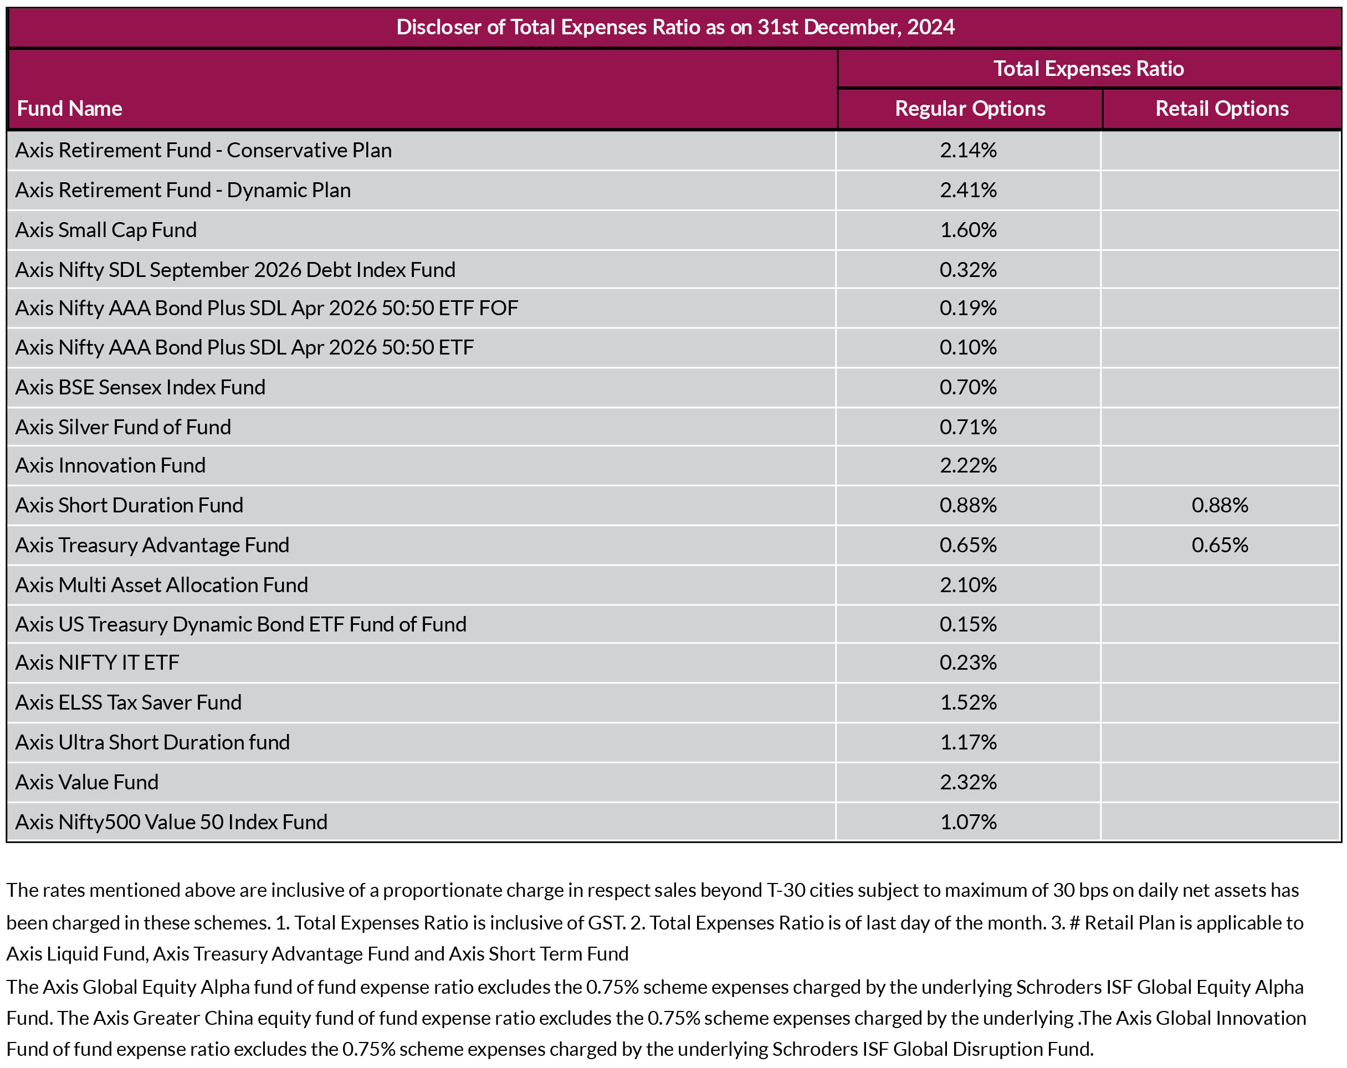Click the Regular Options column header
tap(970, 109)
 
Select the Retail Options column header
tap(1221, 109)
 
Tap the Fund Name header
tap(69, 109)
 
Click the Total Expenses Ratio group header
tap(1088, 69)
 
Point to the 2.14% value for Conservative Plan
tap(968, 151)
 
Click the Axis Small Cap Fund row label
tap(106, 230)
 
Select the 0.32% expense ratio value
tap(968, 270)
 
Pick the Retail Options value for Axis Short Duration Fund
tap(1220, 505)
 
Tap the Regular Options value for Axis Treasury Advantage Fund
tap(968, 545)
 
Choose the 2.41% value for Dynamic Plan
tap(968, 190)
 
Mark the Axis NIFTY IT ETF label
tap(97, 663)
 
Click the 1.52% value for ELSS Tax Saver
tap(968, 702)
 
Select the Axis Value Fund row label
tap(87, 782)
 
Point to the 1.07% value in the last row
tap(968, 822)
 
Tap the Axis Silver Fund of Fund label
tap(123, 427)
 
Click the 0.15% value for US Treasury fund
tap(968, 624)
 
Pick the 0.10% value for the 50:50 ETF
tap(968, 347)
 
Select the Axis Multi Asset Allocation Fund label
tap(162, 585)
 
